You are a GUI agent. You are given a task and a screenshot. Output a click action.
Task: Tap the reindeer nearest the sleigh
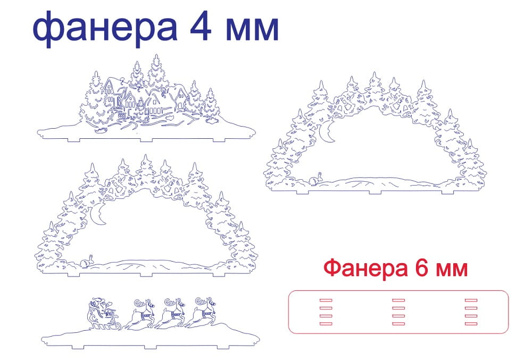tap(139, 314)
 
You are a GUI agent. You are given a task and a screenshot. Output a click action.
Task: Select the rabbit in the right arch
tap(318, 178)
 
